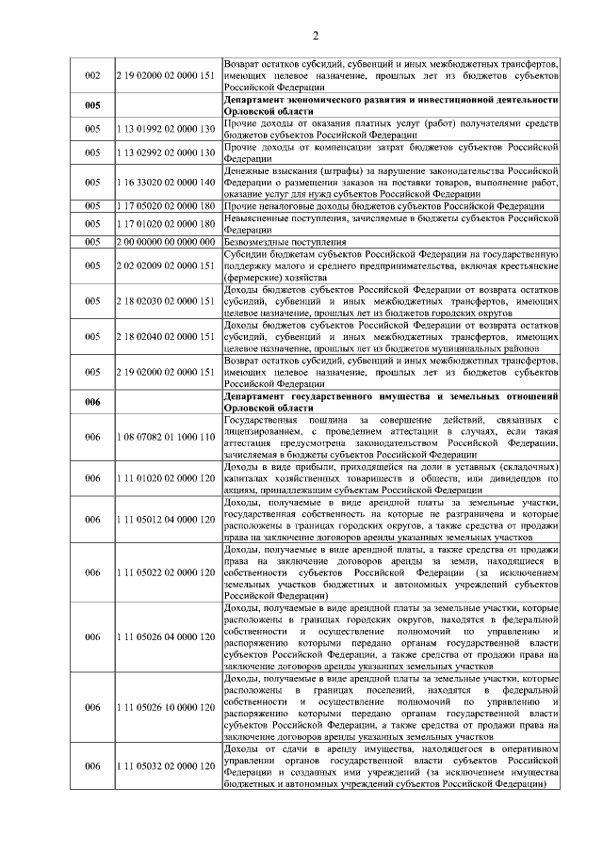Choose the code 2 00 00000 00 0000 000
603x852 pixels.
[x=165, y=241]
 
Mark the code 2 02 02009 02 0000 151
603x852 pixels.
[x=165, y=265]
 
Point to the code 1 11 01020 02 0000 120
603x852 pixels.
[x=165, y=478]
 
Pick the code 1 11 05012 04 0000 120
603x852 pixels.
[x=165, y=519]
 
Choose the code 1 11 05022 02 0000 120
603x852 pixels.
[x=165, y=571]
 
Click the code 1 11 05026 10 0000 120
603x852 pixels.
[x=165, y=706]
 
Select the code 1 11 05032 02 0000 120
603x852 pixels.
[x=165, y=765]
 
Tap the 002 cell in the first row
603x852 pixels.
[x=92, y=74]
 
